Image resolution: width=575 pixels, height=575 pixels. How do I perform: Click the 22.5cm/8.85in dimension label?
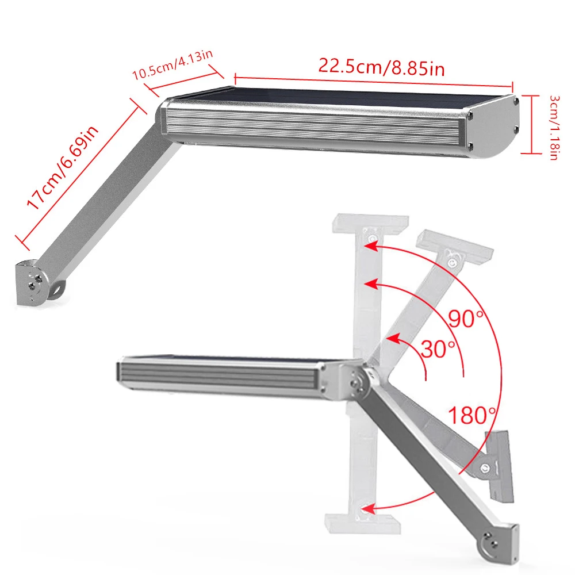pos(381,67)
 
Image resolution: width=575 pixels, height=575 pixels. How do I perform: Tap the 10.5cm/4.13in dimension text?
pos(172,65)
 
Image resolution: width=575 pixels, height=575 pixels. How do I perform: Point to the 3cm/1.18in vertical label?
pos(554,127)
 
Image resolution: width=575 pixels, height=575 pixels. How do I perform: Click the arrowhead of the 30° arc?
pos(392,339)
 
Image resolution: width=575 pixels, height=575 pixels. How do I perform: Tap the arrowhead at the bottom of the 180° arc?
pos(368,509)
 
